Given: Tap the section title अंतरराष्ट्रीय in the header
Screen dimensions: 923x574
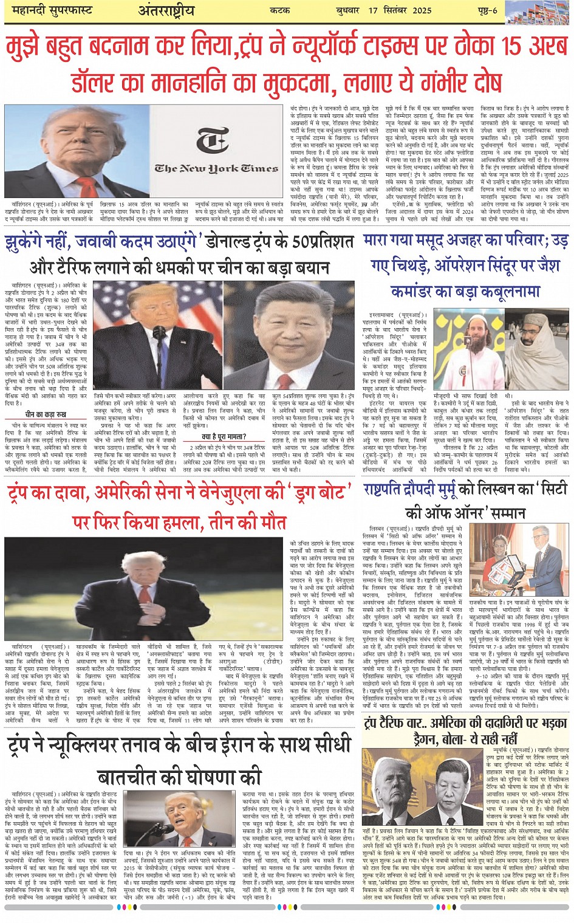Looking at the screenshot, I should [166, 10].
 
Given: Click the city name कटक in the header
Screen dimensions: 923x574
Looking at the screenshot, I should [279, 10].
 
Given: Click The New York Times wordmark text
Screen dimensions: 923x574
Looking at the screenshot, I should [216, 168].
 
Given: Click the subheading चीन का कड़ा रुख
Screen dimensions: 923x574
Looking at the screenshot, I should [46, 414].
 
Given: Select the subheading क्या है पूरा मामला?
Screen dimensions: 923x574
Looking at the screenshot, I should [224, 436].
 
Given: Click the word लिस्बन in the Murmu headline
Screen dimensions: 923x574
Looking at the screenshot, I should [490, 489].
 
